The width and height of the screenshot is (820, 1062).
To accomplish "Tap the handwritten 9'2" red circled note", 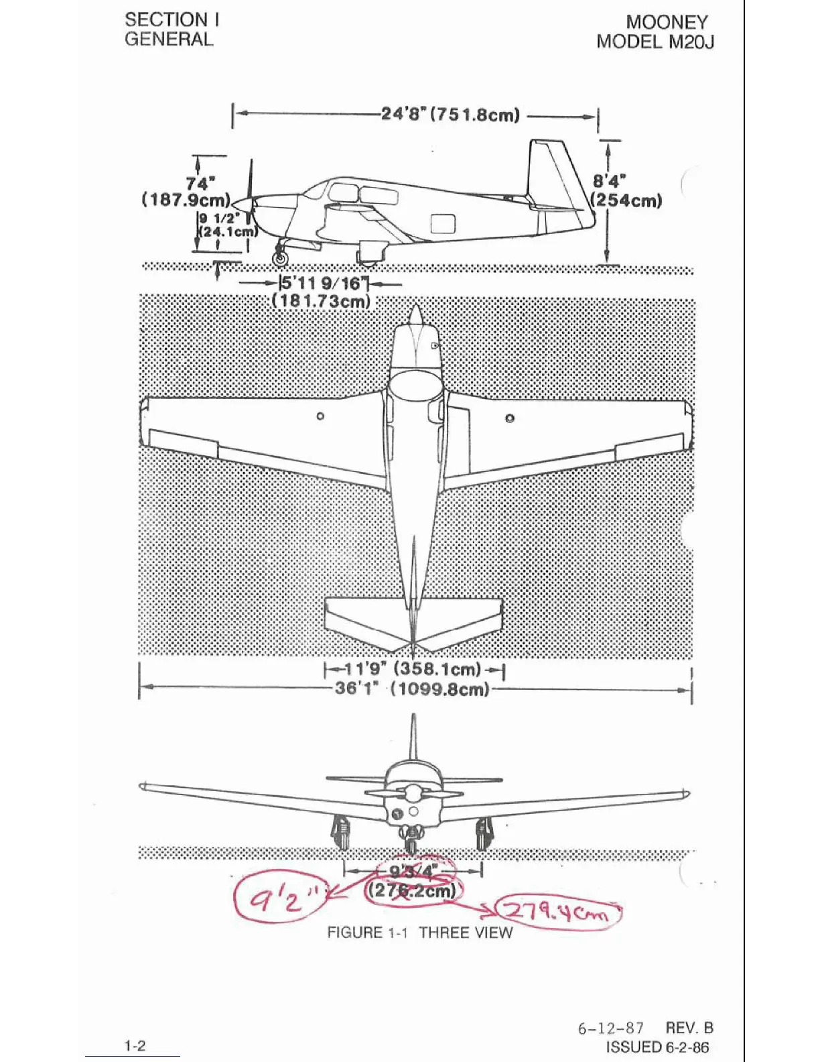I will click(277, 896).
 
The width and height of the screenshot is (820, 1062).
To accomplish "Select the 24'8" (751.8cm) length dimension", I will click(450, 115).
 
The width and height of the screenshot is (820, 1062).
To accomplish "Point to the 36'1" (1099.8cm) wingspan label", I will click(412, 689).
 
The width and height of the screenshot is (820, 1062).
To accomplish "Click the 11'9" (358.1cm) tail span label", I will click(413, 669).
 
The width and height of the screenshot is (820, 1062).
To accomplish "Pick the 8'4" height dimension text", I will click(610, 181).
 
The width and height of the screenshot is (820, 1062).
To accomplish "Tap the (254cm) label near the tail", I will click(627, 200).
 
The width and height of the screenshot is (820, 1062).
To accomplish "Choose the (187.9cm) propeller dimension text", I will click(186, 200).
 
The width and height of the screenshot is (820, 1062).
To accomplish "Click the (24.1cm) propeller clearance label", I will click(228, 232).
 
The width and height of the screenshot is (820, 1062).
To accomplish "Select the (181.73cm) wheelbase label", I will click(322, 301).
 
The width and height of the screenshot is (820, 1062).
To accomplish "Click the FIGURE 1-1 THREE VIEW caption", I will click(419, 933).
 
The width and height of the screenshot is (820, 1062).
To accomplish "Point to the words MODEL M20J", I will click(655, 42).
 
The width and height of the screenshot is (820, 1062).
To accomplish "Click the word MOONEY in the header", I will click(667, 22).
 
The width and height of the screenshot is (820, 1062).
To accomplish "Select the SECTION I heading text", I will click(172, 20).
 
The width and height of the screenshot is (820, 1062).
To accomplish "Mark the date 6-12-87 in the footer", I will click(610, 1028).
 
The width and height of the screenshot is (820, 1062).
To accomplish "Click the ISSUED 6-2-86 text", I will click(657, 1047).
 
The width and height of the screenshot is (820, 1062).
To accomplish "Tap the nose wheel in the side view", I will click(279, 257).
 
